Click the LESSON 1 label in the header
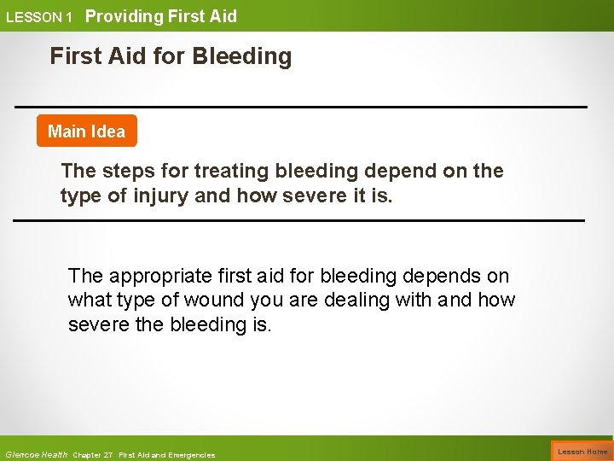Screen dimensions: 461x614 (x=39, y=17)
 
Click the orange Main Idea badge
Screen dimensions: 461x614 (x=86, y=131)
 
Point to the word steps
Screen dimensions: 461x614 (x=127, y=171)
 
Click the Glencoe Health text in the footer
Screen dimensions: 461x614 (x=37, y=454)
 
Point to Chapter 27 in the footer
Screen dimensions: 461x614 (x=93, y=454)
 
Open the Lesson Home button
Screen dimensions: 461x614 (x=582, y=452)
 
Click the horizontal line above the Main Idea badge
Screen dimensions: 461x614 (x=300, y=107)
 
